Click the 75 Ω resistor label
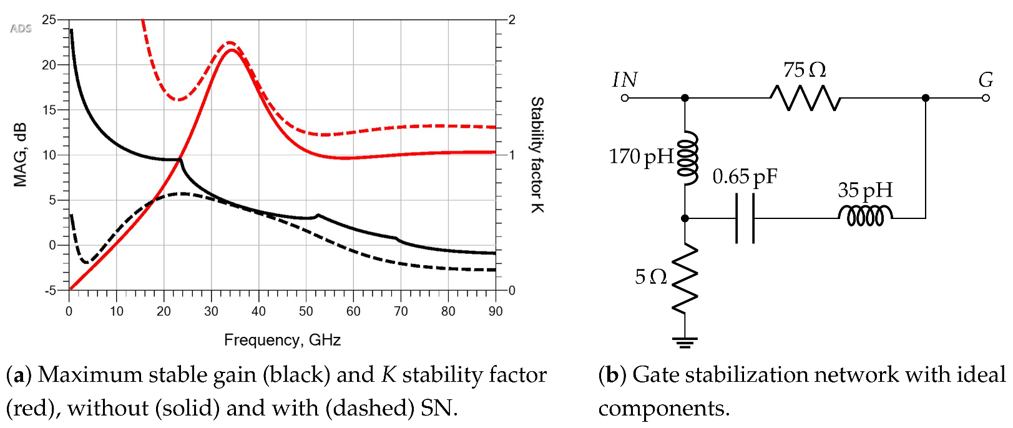click(x=804, y=69)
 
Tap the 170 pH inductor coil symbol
click(x=687, y=159)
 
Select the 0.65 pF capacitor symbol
click(x=745, y=218)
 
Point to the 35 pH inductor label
click(x=864, y=190)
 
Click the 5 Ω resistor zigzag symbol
click(x=685, y=278)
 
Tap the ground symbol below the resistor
click(x=685, y=341)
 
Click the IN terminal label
click(x=625, y=80)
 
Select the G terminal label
click(x=986, y=80)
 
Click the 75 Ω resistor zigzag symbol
click(x=805, y=98)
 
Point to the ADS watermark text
click(x=21, y=29)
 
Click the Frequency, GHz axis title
click(x=282, y=340)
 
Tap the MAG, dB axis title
click(x=21, y=155)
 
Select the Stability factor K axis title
click(x=537, y=155)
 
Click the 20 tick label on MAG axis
click(x=49, y=65)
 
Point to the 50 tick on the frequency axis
click(x=306, y=311)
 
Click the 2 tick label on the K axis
click(x=512, y=20)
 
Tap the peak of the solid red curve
click(x=232, y=49)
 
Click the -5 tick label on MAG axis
click(x=49, y=290)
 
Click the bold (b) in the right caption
click(x=612, y=375)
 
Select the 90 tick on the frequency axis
click(x=495, y=311)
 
